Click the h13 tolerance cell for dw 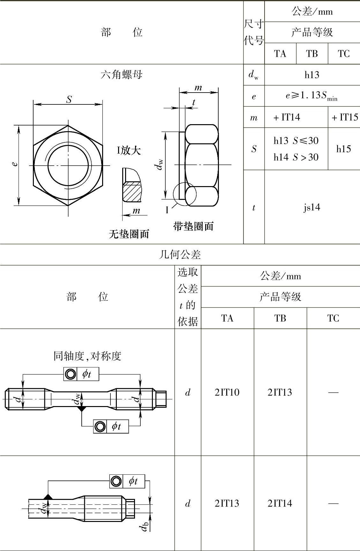coord(312,75)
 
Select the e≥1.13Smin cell coord(311,95)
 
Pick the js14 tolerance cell coord(312,207)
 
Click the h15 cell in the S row coord(344,149)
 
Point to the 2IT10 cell coord(227,392)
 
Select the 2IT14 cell coord(280,503)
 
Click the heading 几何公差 coord(180,254)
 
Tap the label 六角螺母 coord(122,75)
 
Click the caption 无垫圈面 coord(129,234)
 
